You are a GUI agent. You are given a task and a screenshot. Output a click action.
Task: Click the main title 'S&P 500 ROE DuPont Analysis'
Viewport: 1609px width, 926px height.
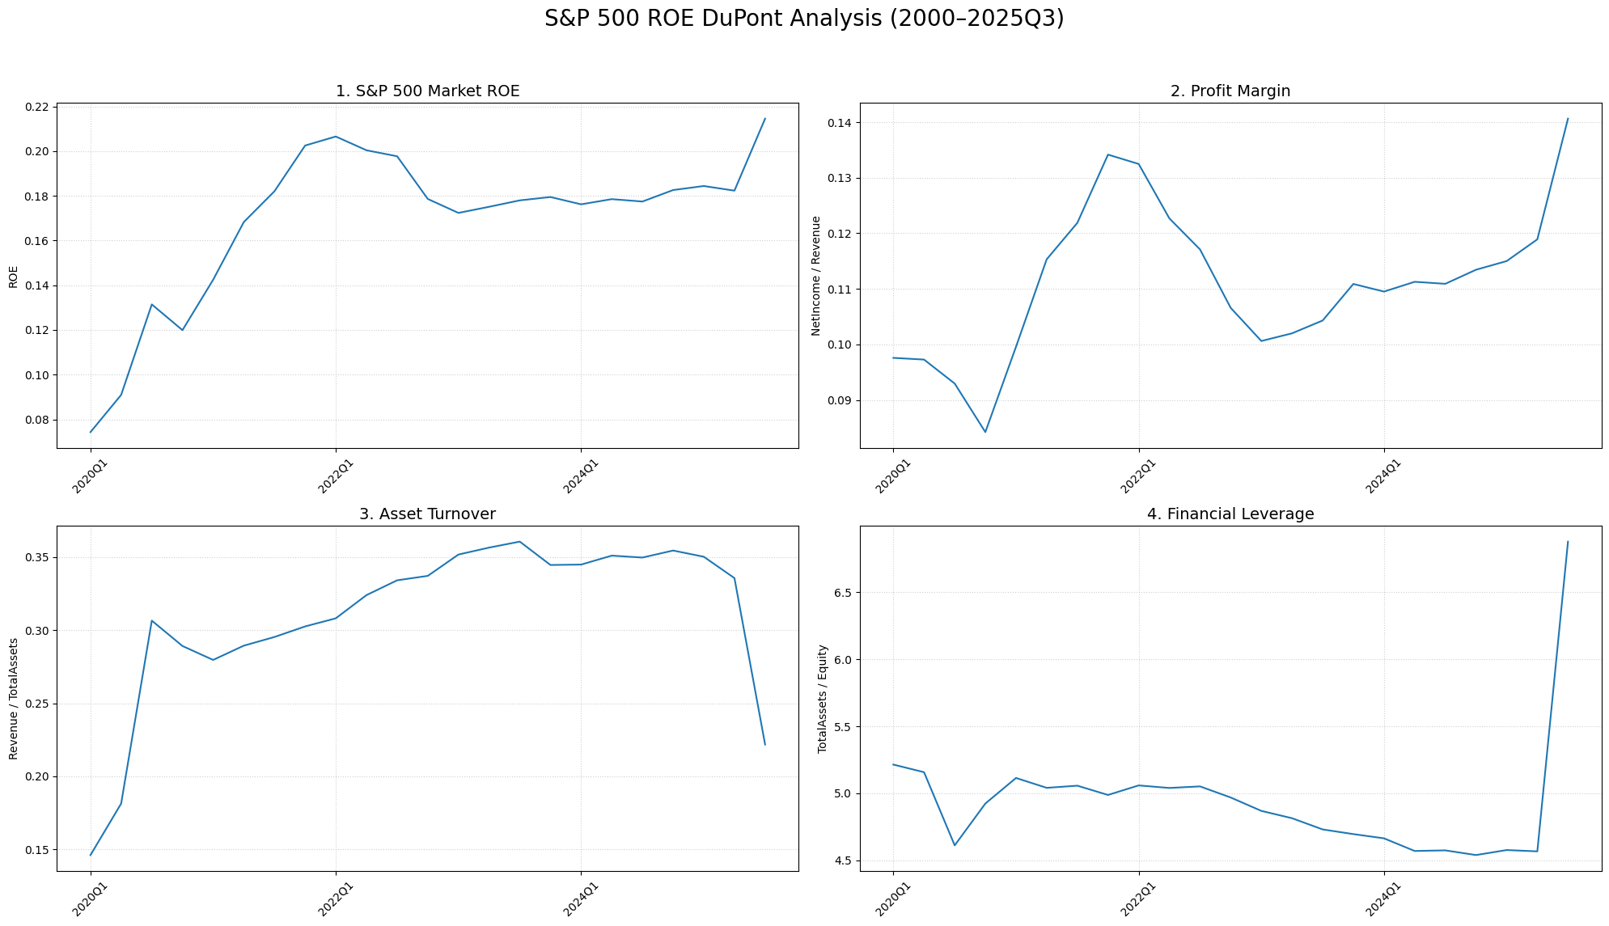[804, 19]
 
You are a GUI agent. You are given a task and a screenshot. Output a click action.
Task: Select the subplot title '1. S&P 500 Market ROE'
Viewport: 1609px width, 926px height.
[427, 91]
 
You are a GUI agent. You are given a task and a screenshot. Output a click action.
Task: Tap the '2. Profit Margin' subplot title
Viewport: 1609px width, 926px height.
[1230, 91]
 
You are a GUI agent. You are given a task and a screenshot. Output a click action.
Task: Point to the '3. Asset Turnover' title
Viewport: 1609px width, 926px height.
[427, 514]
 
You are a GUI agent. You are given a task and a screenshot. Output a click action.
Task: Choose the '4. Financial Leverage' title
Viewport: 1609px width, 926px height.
[1230, 514]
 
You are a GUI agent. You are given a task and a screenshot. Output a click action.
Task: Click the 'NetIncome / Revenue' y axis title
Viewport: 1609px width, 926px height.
[816, 276]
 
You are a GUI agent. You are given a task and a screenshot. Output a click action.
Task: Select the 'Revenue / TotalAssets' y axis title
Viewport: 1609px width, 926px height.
[14, 699]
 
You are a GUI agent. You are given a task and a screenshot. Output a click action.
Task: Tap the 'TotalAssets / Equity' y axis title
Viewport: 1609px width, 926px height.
[823, 699]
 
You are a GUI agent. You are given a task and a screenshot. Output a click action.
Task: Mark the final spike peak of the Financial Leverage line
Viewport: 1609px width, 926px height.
[1568, 542]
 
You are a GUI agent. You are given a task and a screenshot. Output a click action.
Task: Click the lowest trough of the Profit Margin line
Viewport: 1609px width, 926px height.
[985, 432]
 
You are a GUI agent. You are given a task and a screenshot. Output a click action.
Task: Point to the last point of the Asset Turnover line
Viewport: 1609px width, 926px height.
[764, 744]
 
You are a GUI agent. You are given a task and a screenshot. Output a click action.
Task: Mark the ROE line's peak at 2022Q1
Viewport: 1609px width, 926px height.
[336, 137]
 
